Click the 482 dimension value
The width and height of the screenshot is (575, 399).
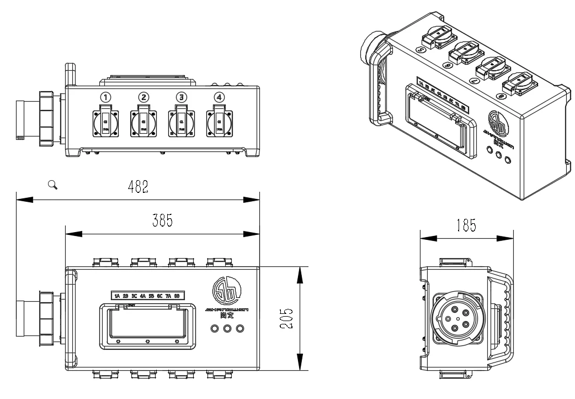click(x=137, y=186)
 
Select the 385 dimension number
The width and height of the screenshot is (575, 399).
click(x=162, y=221)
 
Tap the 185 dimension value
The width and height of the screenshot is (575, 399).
click(x=466, y=226)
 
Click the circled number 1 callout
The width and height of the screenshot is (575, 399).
click(x=105, y=97)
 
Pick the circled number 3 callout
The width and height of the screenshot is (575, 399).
click(x=181, y=97)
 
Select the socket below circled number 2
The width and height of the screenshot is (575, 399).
click(x=143, y=123)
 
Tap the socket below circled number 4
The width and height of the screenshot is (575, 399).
click(x=219, y=123)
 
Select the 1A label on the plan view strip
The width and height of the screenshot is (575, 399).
click(x=117, y=296)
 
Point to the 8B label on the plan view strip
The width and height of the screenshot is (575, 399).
click(x=177, y=296)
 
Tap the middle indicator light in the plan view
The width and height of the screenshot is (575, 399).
click(x=227, y=329)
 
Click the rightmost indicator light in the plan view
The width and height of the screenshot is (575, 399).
click(x=239, y=329)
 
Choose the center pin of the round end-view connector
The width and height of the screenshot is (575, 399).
click(x=458, y=318)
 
